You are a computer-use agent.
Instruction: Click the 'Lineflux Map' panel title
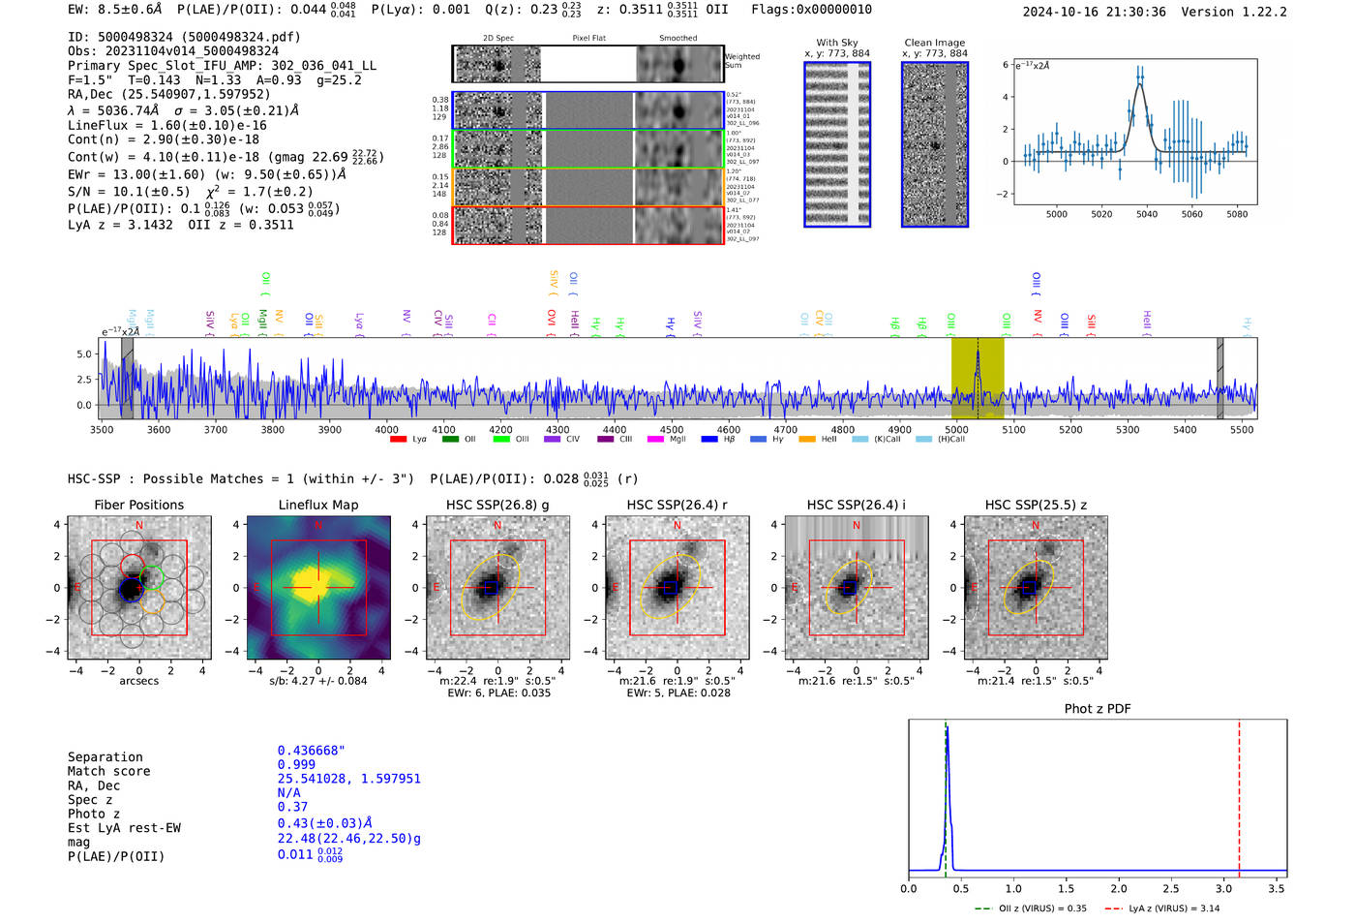[317, 505]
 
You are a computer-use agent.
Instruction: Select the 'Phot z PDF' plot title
[1098, 709]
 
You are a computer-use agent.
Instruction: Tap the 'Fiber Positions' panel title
[138, 505]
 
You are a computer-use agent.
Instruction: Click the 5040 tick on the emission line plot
[1147, 214]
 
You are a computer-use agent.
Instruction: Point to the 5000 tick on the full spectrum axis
[956, 429]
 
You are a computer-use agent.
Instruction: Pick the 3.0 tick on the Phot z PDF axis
[1223, 888]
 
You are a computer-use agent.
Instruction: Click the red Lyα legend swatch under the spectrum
[398, 440]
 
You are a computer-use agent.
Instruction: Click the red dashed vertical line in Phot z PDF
[1239, 794]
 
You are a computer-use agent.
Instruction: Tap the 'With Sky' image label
[837, 43]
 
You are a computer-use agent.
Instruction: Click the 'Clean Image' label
[934, 43]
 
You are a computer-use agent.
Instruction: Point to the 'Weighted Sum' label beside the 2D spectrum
[741, 61]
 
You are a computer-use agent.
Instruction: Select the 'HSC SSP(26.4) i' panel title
[856, 505]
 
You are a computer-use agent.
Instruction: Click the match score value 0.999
[296, 765]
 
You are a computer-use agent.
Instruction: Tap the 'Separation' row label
[105, 757]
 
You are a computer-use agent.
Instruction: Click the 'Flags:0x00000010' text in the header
[811, 10]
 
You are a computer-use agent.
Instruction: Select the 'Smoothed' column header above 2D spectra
[677, 39]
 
